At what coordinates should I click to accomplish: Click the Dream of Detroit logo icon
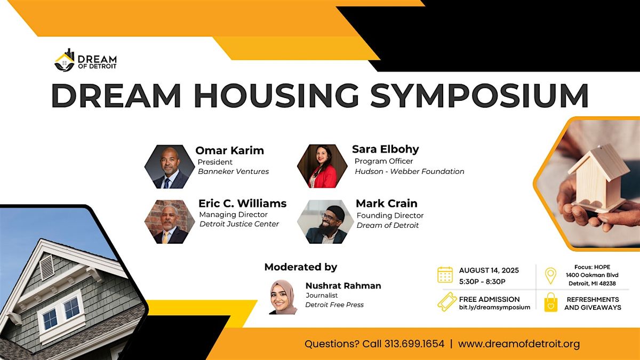[65, 60]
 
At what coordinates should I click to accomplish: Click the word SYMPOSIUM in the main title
[479, 95]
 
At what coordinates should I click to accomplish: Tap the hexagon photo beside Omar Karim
[170, 166]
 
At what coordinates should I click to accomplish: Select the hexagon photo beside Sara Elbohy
[322, 166]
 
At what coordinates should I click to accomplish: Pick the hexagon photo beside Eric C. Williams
[170, 222]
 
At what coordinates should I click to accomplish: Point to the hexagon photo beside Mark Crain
[325, 222]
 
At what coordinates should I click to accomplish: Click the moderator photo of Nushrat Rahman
[283, 297]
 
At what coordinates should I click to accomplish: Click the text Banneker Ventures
[234, 171]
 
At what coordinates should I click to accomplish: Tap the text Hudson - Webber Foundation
[410, 171]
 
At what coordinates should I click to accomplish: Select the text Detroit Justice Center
[239, 224]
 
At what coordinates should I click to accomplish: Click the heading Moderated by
[301, 267]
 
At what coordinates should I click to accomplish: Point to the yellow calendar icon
[445, 275]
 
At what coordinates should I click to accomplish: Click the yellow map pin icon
[550, 276]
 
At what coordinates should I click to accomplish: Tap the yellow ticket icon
[446, 302]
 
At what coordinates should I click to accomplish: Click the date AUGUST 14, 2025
[489, 270]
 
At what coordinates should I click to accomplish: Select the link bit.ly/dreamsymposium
[494, 307]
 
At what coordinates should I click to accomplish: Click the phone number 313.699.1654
[414, 343]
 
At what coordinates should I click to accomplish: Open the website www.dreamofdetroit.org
[519, 344]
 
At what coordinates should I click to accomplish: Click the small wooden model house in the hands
[598, 177]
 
